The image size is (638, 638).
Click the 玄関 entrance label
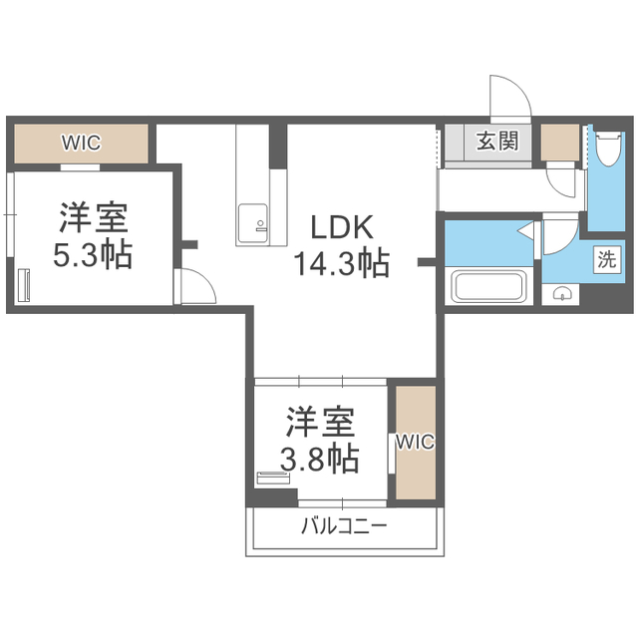pyautogui.click(x=496, y=141)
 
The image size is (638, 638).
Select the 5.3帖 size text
pyautogui.click(x=92, y=254)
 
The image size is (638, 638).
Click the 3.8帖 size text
pyautogui.click(x=319, y=459)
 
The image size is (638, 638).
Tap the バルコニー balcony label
pyautogui.click(x=344, y=526)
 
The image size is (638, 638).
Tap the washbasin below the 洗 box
pyautogui.click(x=563, y=295)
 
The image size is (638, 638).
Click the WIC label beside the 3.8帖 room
pyautogui.click(x=415, y=442)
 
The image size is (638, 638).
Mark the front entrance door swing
pyautogui.click(x=510, y=100)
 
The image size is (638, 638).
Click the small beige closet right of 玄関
pyautogui.click(x=559, y=143)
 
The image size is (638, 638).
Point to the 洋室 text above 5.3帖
pyautogui.click(x=92, y=217)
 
